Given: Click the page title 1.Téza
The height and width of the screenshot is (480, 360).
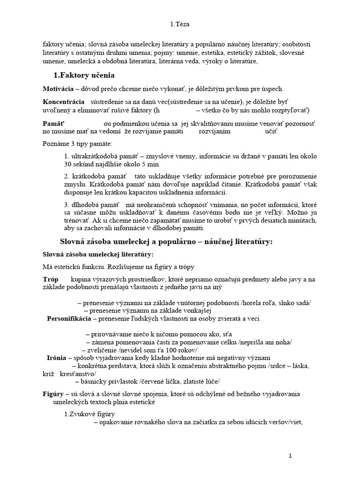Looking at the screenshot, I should click(x=180, y=24).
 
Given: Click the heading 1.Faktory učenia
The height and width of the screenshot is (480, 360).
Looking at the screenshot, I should click(x=84, y=75).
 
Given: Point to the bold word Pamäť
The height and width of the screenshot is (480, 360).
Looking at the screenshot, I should click(x=52, y=123).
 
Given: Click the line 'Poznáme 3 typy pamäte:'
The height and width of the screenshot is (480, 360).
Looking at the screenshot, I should click(x=77, y=143).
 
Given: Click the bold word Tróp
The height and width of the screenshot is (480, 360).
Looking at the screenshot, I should click(x=50, y=279).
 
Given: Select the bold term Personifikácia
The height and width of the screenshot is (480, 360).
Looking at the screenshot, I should click(x=69, y=319).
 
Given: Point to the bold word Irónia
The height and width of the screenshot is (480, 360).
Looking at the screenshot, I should click(x=56, y=358).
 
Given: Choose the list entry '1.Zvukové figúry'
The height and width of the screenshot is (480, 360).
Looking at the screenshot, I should click(x=90, y=414).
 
